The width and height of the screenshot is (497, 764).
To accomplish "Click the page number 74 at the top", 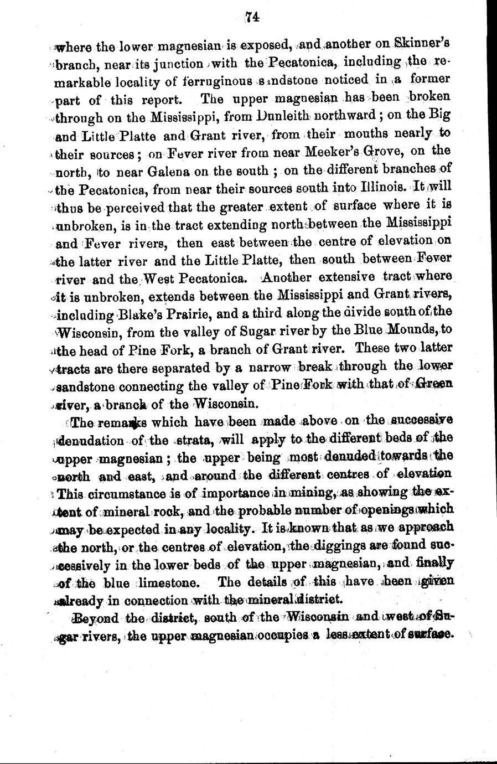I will click(x=253, y=17).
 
